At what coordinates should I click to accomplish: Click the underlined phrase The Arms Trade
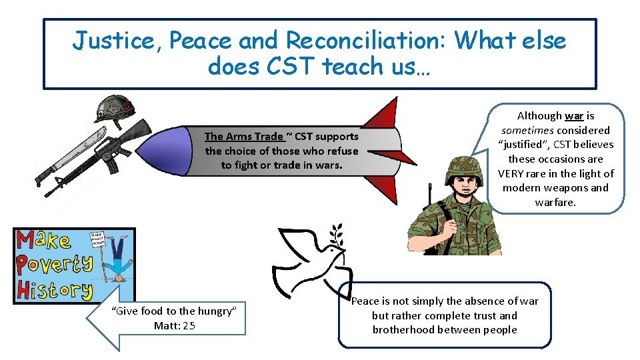243,137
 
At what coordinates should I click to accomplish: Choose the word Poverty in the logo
55,264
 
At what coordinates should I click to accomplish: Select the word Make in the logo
45,241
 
